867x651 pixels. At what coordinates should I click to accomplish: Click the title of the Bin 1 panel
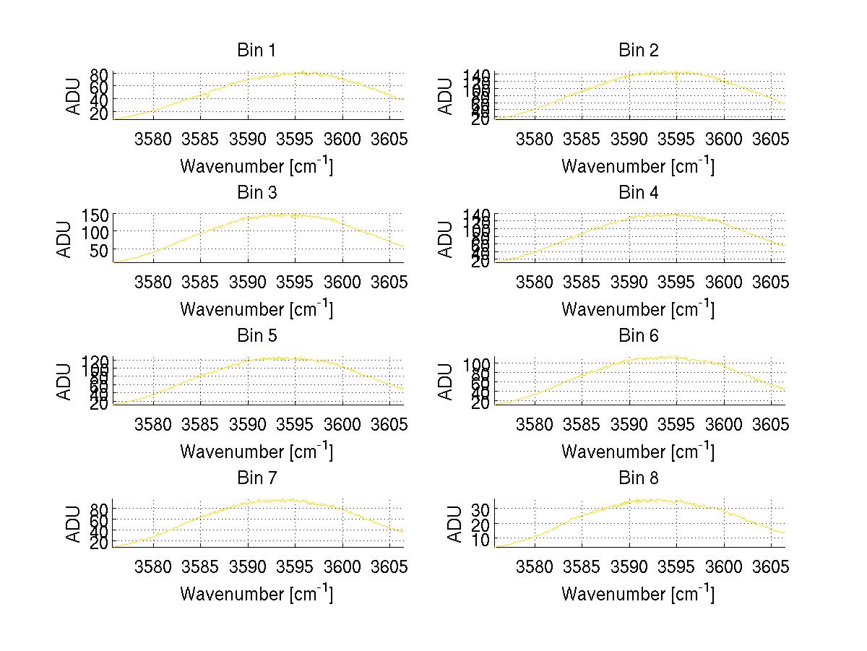[x=256, y=51]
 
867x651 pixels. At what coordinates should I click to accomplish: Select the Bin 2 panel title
[x=639, y=51]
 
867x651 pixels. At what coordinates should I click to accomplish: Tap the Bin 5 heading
[x=256, y=336]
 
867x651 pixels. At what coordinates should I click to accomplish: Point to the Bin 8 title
[x=639, y=478]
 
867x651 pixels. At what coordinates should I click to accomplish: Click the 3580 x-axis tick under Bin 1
[x=153, y=139]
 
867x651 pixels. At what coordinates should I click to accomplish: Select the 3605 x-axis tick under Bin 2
[x=770, y=139]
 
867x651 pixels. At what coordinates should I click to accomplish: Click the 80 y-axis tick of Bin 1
[x=100, y=74]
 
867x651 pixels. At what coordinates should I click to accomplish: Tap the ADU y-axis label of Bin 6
[x=447, y=382]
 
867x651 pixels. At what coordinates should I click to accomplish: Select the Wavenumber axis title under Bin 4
[x=639, y=309]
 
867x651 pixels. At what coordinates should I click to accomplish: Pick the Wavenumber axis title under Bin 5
[x=256, y=452]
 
